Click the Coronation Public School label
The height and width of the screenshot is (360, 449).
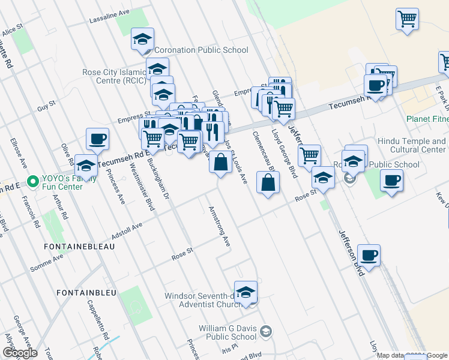pyautogui.click(x=201, y=50)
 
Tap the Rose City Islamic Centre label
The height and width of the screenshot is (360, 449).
pyautogui.click(x=114, y=77)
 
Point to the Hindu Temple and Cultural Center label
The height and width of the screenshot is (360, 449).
pyautogui.click(x=411, y=145)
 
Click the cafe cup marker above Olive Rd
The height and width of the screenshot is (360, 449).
pyautogui.click(x=97, y=140)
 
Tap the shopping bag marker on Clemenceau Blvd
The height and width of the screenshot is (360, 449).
pyautogui.click(x=268, y=183)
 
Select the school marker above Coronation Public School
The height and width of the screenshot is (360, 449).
pyautogui.click(x=142, y=40)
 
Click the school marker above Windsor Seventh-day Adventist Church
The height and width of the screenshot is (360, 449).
pyautogui.click(x=246, y=293)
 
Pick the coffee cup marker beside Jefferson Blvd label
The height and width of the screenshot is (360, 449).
pyautogui.click(x=369, y=255)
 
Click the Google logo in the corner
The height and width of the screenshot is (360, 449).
pyautogui.click(x=20, y=353)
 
